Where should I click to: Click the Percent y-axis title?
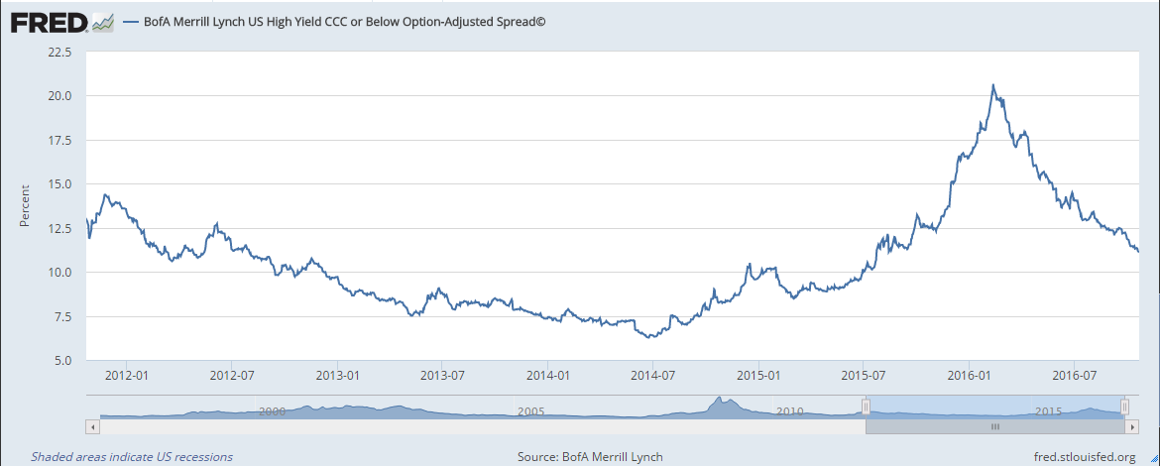tap(25, 206)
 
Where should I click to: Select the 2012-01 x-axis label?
tap(126, 376)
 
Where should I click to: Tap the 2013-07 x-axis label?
tap(442, 376)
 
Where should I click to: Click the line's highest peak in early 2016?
tap(992, 85)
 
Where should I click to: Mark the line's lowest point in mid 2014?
tap(650, 337)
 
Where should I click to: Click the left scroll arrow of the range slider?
tap(93, 426)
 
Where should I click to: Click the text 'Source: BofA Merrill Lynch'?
tap(590, 457)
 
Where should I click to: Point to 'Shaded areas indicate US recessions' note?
tap(132, 457)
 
